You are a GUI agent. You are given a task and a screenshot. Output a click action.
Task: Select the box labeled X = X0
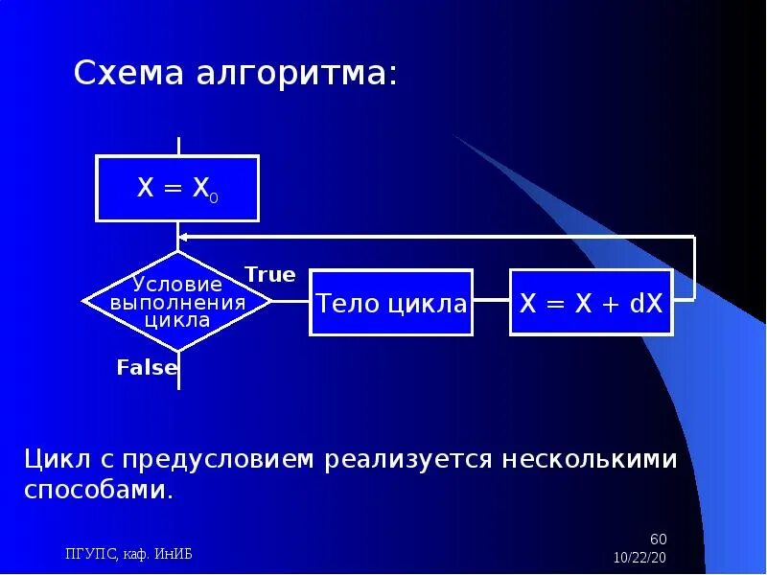(x=177, y=187)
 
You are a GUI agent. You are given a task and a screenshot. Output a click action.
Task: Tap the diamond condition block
(x=177, y=301)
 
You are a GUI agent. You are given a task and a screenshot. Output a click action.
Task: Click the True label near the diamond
(x=270, y=275)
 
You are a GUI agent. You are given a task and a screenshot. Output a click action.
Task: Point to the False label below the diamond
(x=147, y=367)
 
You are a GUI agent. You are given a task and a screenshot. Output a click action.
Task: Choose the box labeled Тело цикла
(x=391, y=304)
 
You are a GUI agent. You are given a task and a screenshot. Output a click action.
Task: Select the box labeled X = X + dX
(x=591, y=302)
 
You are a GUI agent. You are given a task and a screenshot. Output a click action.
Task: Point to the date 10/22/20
(x=639, y=557)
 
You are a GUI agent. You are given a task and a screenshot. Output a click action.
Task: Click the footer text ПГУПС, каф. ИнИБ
(x=128, y=554)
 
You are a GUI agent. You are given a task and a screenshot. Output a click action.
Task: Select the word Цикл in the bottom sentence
(x=57, y=459)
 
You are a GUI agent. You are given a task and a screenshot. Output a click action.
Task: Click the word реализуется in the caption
(x=410, y=460)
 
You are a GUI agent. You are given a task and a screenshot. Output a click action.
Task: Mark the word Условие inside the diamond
(x=177, y=284)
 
